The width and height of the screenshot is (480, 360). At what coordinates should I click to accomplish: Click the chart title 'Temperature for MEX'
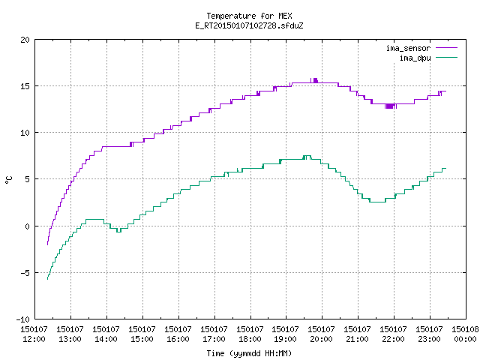click(249, 16)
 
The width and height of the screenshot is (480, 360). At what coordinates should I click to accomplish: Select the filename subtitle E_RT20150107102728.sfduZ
click(249, 25)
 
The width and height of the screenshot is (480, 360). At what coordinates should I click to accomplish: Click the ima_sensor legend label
click(408, 48)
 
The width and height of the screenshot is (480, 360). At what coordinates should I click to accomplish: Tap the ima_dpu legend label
click(415, 58)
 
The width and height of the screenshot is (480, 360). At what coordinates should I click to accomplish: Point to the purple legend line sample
click(447, 48)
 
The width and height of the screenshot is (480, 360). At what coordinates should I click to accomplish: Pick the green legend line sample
click(447, 57)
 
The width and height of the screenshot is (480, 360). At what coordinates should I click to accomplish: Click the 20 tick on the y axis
click(25, 40)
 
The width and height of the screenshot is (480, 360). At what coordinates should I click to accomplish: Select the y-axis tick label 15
click(25, 86)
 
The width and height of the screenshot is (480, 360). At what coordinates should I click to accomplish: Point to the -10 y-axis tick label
click(23, 319)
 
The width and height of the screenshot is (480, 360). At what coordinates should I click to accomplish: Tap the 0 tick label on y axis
click(28, 226)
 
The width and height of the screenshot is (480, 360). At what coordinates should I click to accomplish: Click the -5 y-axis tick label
click(25, 273)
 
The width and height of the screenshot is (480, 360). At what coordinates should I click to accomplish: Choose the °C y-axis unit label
click(8, 180)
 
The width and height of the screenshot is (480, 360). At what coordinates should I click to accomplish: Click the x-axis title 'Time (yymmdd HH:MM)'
click(249, 353)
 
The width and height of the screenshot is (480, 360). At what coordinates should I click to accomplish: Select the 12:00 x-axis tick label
click(34, 339)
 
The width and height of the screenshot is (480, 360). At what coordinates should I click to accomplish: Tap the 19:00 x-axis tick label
click(285, 339)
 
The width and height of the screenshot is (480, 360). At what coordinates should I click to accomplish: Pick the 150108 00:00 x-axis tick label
click(465, 334)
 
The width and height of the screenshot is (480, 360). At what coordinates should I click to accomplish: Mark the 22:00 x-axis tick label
click(393, 339)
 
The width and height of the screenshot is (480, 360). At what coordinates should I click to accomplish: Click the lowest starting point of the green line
click(47, 279)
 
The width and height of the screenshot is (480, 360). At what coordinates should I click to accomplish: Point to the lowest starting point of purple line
click(47, 244)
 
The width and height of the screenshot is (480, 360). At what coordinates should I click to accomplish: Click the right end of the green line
click(446, 168)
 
